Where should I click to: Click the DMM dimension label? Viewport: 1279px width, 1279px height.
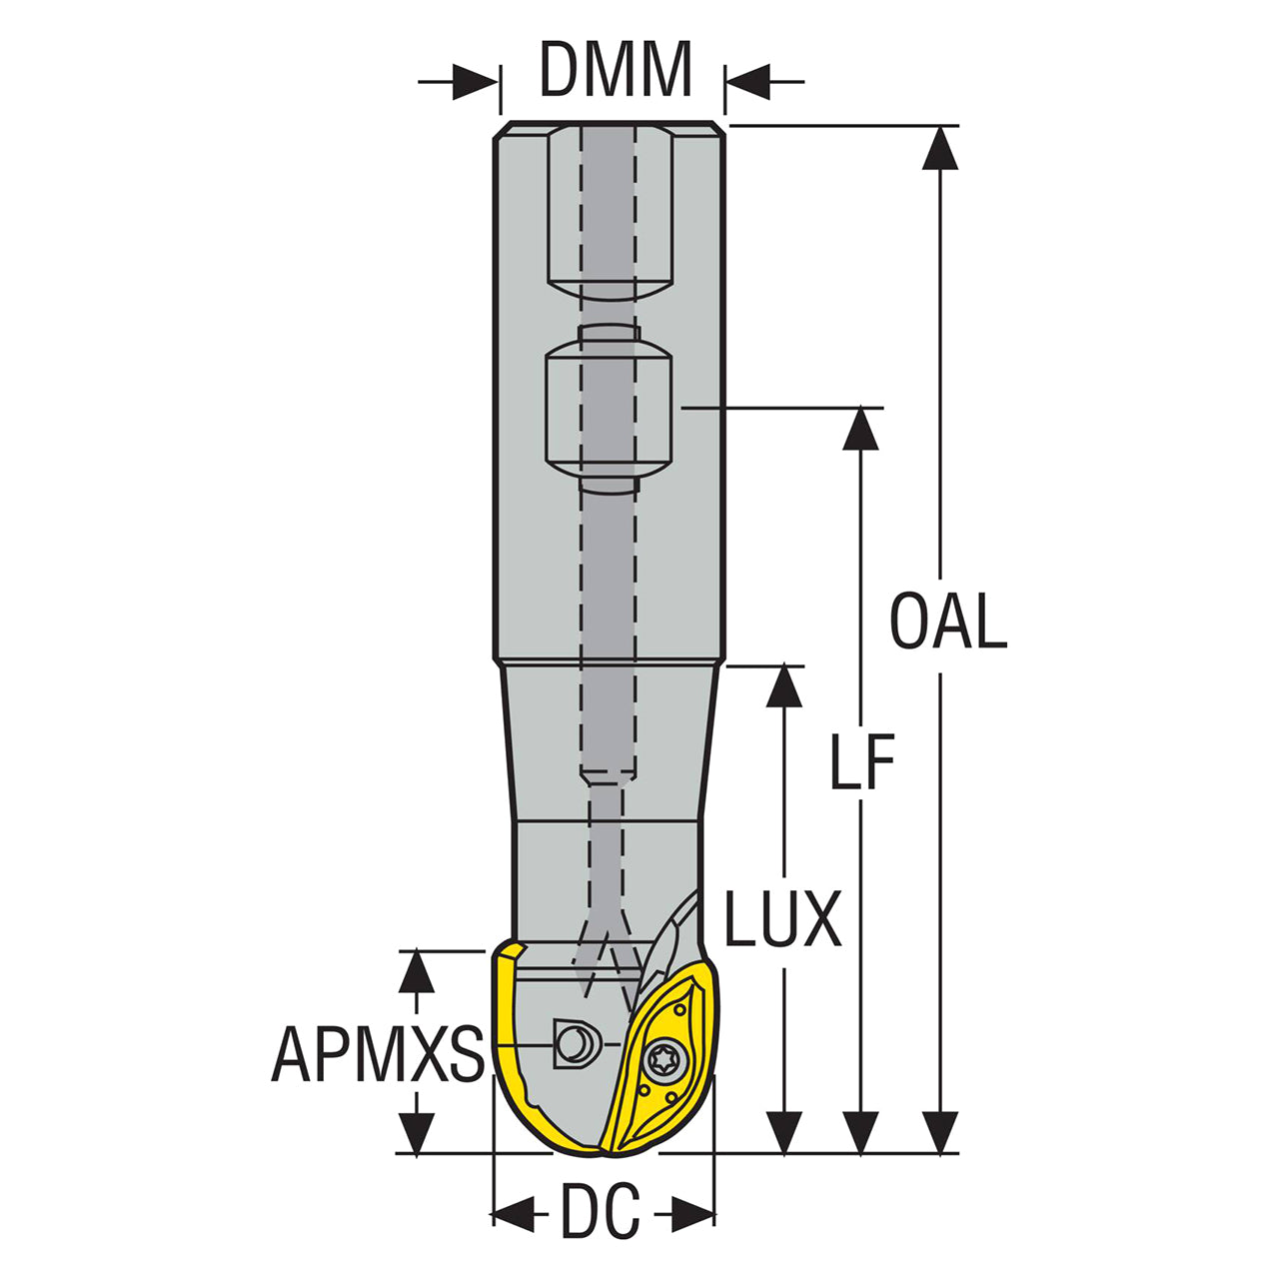click(x=616, y=70)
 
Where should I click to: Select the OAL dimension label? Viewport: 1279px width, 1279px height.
click(x=948, y=622)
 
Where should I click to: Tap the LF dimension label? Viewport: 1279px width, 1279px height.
click(x=861, y=764)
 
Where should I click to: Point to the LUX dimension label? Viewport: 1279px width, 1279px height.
click(x=782, y=920)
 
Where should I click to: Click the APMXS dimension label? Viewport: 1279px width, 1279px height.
click(x=378, y=1054)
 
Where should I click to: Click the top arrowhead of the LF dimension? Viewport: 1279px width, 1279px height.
click(x=860, y=430)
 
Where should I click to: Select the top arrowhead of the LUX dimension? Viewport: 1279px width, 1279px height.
click(x=783, y=686)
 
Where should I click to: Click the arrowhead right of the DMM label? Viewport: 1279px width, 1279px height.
click(x=747, y=82)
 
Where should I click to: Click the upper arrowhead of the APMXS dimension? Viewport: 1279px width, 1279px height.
click(x=417, y=971)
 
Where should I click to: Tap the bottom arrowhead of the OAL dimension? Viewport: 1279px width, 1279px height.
click(x=939, y=1131)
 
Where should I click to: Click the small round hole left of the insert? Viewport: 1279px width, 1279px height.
click(x=574, y=1044)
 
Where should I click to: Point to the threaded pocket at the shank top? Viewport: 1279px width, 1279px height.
click(x=607, y=210)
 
